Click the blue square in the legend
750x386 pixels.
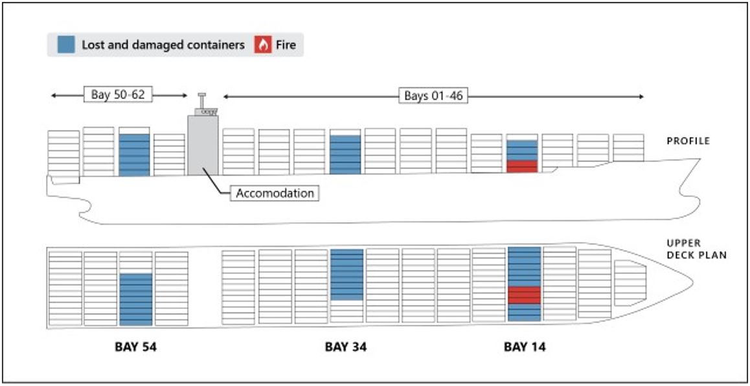(x=65, y=45)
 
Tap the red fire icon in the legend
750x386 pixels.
(x=263, y=45)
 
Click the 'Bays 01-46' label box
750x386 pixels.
(x=433, y=96)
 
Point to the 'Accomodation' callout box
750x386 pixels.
(x=275, y=193)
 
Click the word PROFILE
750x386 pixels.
(x=688, y=141)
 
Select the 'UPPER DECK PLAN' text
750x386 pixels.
(x=696, y=249)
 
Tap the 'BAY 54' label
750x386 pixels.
(x=135, y=346)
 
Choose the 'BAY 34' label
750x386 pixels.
(x=345, y=346)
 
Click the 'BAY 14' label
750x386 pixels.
(x=525, y=346)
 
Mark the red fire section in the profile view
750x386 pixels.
(x=522, y=166)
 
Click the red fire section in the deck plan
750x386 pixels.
(x=524, y=295)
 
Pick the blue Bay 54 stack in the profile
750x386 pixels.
(x=134, y=155)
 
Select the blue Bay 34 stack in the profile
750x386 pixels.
(x=345, y=155)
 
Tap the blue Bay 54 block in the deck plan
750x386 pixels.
(x=135, y=299)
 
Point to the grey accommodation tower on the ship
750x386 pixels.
(x=203, y=145)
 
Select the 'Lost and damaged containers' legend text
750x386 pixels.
(x=163, y=45)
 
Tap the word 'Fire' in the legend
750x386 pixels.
(x=286, y=45)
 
